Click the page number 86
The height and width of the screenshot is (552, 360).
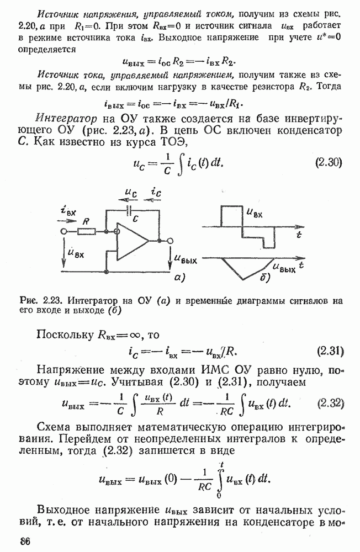pyautogui.click(x=25, y=541)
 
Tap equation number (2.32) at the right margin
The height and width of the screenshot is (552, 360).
pyautogui.click(x=330, y=403)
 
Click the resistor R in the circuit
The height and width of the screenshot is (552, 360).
pyautogui.click(x=86, y=231)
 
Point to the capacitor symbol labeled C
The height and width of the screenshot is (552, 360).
pyautogui.click(x=130, y=211)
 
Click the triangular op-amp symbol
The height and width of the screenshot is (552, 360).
pyautogui.click(x=133, y=241)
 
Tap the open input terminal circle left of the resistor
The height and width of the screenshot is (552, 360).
pyautogui.click(x=63, y=231)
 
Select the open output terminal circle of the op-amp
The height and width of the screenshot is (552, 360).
pyautogui.click(x=170, y=241)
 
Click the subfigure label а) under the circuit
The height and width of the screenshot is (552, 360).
pyautogui.click(x=179, y=278)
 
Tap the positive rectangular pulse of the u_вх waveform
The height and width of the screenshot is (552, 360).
pyautogui.click(x=231, y=216)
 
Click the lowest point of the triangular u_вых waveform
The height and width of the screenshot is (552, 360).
pyautogui.click(x=243, y=280)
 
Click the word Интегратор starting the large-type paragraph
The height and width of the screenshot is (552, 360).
pyautogui.click(x=66, y=119)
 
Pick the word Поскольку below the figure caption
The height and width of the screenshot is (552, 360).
pyautogui.click(x=65, y=335)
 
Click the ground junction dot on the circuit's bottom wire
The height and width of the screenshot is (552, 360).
pyautogui.click(x=106, y=272)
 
